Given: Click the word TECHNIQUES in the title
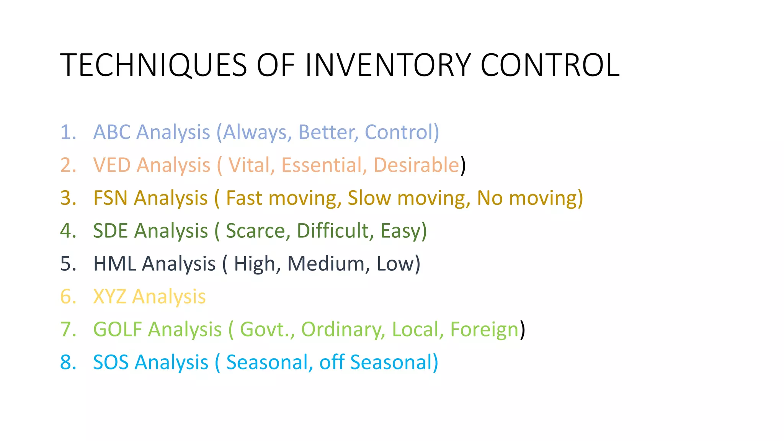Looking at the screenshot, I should tap(154, 65).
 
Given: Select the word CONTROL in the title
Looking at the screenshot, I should tap(550, 65).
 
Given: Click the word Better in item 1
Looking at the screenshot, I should tap(328, 132).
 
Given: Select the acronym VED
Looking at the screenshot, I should tap(112, 165).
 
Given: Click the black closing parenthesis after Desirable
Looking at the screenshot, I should tap(463, 165).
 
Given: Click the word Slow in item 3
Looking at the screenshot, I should tap(369, 198).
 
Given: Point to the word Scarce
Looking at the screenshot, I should tap(255, 231).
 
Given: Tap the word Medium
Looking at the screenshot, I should tap(328, 264).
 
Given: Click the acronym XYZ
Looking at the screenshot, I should tap(109, 297).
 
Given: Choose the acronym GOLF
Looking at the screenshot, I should tap(118, 330).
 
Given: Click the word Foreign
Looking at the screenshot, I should tap(484, 330).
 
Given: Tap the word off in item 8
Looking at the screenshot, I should tap(332, 363).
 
